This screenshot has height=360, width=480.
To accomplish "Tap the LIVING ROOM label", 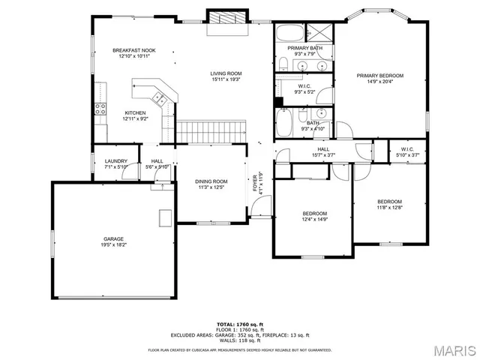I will click(225, 73).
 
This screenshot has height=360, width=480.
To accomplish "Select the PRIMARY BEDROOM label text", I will click(380, 75).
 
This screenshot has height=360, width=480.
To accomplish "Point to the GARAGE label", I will click(114, 240).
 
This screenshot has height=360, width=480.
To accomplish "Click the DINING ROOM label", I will click(211, 181).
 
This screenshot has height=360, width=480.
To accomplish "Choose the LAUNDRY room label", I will click(115, 160).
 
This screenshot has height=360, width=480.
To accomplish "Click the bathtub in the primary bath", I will click(288, 33).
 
